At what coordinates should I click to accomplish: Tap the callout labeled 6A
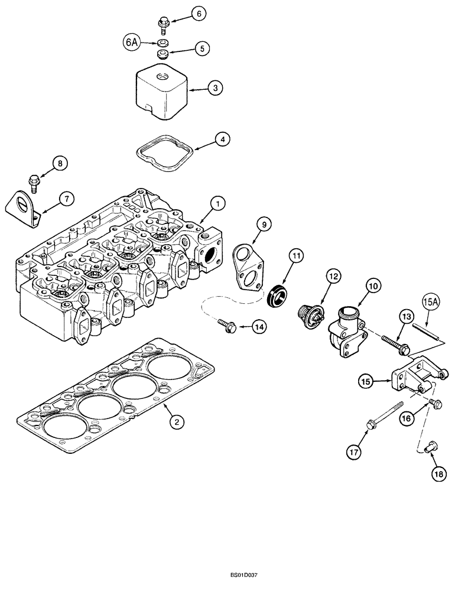(132, 42)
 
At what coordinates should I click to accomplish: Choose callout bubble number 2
(175, 421)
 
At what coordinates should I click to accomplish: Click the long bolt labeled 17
(385, 413)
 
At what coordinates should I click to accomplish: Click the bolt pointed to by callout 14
(226, 324)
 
